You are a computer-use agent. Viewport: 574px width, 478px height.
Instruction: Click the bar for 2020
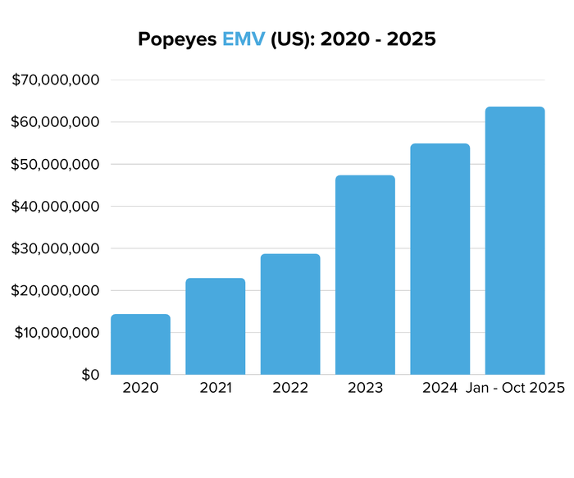click(x=140, y=344)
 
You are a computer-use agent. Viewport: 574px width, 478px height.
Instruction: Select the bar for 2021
click(x=215, y=326)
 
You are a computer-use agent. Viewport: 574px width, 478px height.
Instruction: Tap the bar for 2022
click(x=290, y=314)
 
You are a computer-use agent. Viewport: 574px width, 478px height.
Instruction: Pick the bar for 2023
click(x=365, y=275)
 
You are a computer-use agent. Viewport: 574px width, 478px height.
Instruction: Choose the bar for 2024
click(x=440, y=259)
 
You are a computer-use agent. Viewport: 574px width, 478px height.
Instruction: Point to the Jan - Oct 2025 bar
click(x=515, y=241)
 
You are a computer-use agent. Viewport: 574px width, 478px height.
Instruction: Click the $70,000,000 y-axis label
click(x=56, y=80)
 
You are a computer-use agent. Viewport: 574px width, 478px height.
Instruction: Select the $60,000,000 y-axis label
click(x=56, y=122)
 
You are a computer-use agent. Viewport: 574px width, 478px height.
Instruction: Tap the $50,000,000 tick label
click(x=56, y=164)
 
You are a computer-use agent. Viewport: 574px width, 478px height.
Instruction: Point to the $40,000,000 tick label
click(x=56, y=207)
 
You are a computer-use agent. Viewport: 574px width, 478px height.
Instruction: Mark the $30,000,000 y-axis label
click(x=56, y=248)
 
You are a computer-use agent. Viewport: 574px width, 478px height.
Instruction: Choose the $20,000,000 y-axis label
click(x=56, y=291)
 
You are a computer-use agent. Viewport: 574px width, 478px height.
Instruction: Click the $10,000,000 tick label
click(x=56, y=333)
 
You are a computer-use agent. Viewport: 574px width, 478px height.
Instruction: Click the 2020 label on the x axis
click(x=140, y=388)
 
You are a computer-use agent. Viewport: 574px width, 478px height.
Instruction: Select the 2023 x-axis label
click(x=365, y=388)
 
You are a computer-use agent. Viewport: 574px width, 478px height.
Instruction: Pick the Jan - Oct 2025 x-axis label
click(x=515, y=388)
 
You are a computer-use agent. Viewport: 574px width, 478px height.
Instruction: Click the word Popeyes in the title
click(x=177, y=39)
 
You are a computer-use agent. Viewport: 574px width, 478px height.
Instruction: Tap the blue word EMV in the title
click(x=244, y=39)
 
